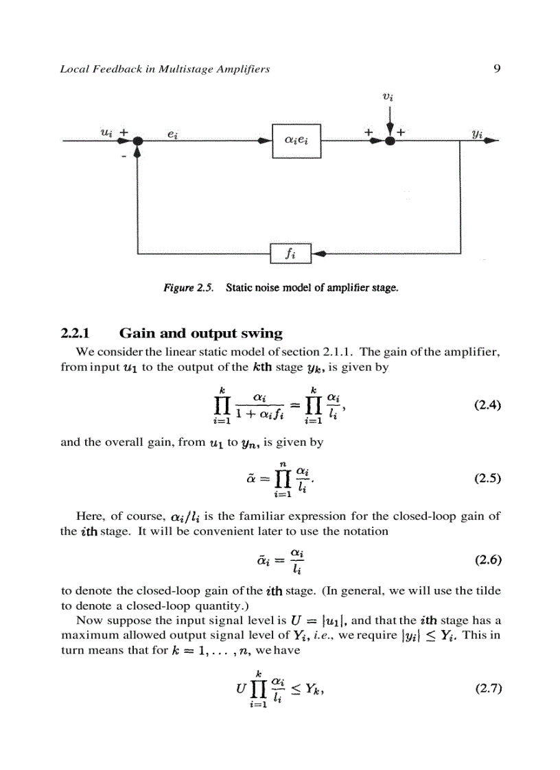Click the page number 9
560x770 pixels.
click(496, 69)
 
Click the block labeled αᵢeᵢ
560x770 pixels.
click(296, 141)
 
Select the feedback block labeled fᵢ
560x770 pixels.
click(291, 253)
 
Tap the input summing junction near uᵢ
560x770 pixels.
click(138, 140)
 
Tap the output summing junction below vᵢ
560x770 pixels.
click(390, 140)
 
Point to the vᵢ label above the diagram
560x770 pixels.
click(388, 97)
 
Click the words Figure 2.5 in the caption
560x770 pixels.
click(185, 288)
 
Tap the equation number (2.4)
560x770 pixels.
click(488, 405)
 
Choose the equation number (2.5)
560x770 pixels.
click(488, 479)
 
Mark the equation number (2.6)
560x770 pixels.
click(488, 560)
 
